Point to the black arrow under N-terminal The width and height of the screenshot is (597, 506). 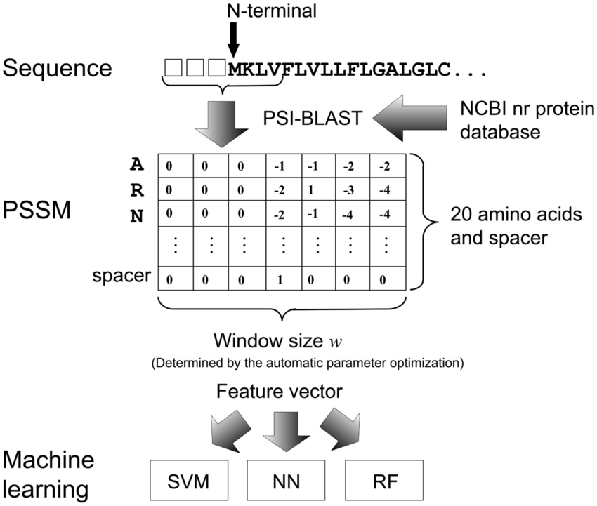[x=233, y=39]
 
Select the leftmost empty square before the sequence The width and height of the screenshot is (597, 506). [x=173, y=67]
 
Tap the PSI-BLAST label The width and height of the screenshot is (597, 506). [x=321, y=119]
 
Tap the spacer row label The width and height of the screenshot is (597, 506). [x=122, y=276]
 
